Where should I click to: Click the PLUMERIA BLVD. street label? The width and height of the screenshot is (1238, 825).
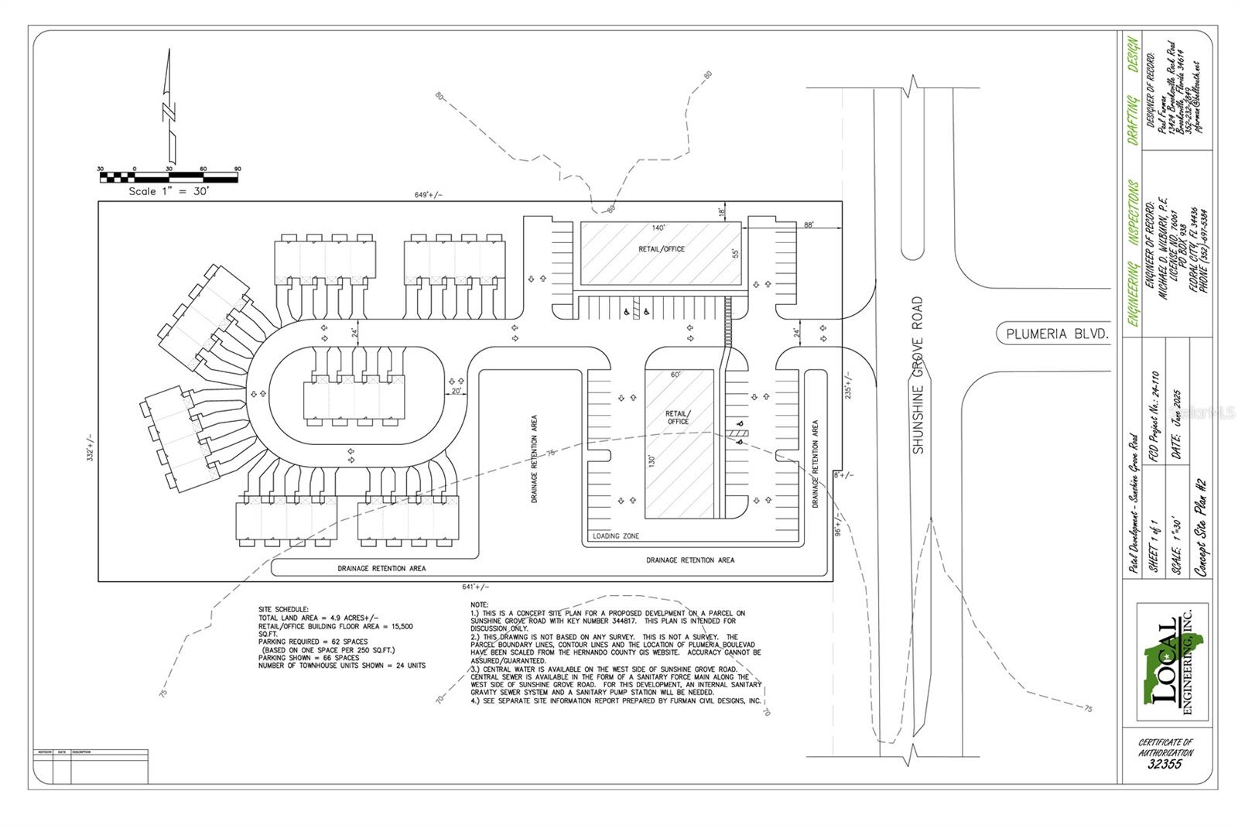(1057, 334)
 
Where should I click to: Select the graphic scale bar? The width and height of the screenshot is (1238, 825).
(169, 177)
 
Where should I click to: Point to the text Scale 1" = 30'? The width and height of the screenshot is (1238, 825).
(169, 191)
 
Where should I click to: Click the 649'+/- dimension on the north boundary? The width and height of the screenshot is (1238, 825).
(429, 195)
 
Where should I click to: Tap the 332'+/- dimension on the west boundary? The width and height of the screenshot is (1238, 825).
(91, 448)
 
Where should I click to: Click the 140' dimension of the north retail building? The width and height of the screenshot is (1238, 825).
(658, 228)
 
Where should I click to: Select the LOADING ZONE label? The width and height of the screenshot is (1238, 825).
(616, 536)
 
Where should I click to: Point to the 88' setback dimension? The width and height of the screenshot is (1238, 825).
(809, 224)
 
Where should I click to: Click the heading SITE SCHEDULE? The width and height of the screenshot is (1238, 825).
(283, 610)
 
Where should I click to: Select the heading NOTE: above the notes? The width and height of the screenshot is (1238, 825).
(480, 604)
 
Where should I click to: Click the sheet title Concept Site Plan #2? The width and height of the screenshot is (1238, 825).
(1201, 527)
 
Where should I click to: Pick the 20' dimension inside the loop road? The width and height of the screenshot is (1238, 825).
(457, 391)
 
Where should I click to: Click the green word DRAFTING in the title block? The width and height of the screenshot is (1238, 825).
(1132, 120)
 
